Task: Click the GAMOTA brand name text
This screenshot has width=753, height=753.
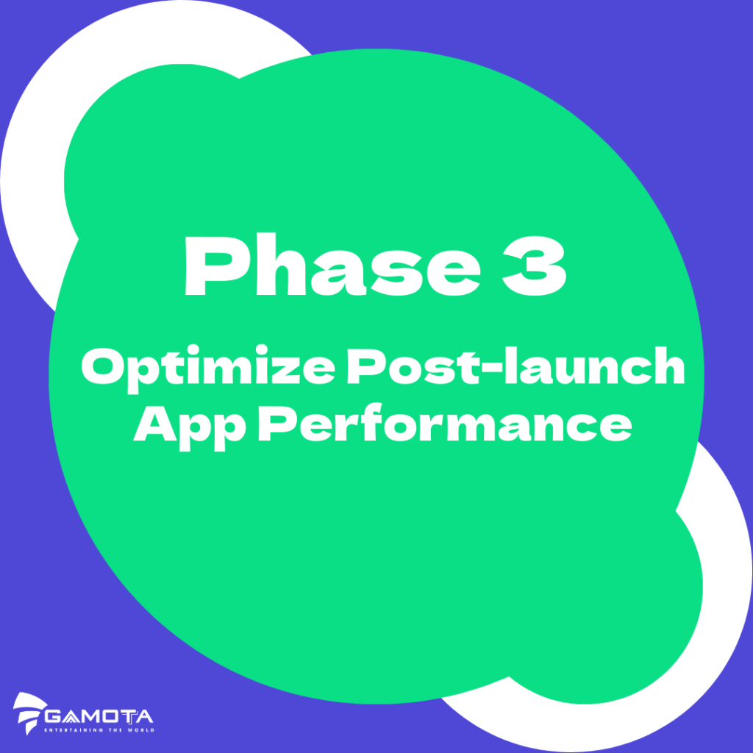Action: click(99, 715)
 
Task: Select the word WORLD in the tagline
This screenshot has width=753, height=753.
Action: click(140, 730)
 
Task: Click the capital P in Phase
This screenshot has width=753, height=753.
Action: click(210, 267)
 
